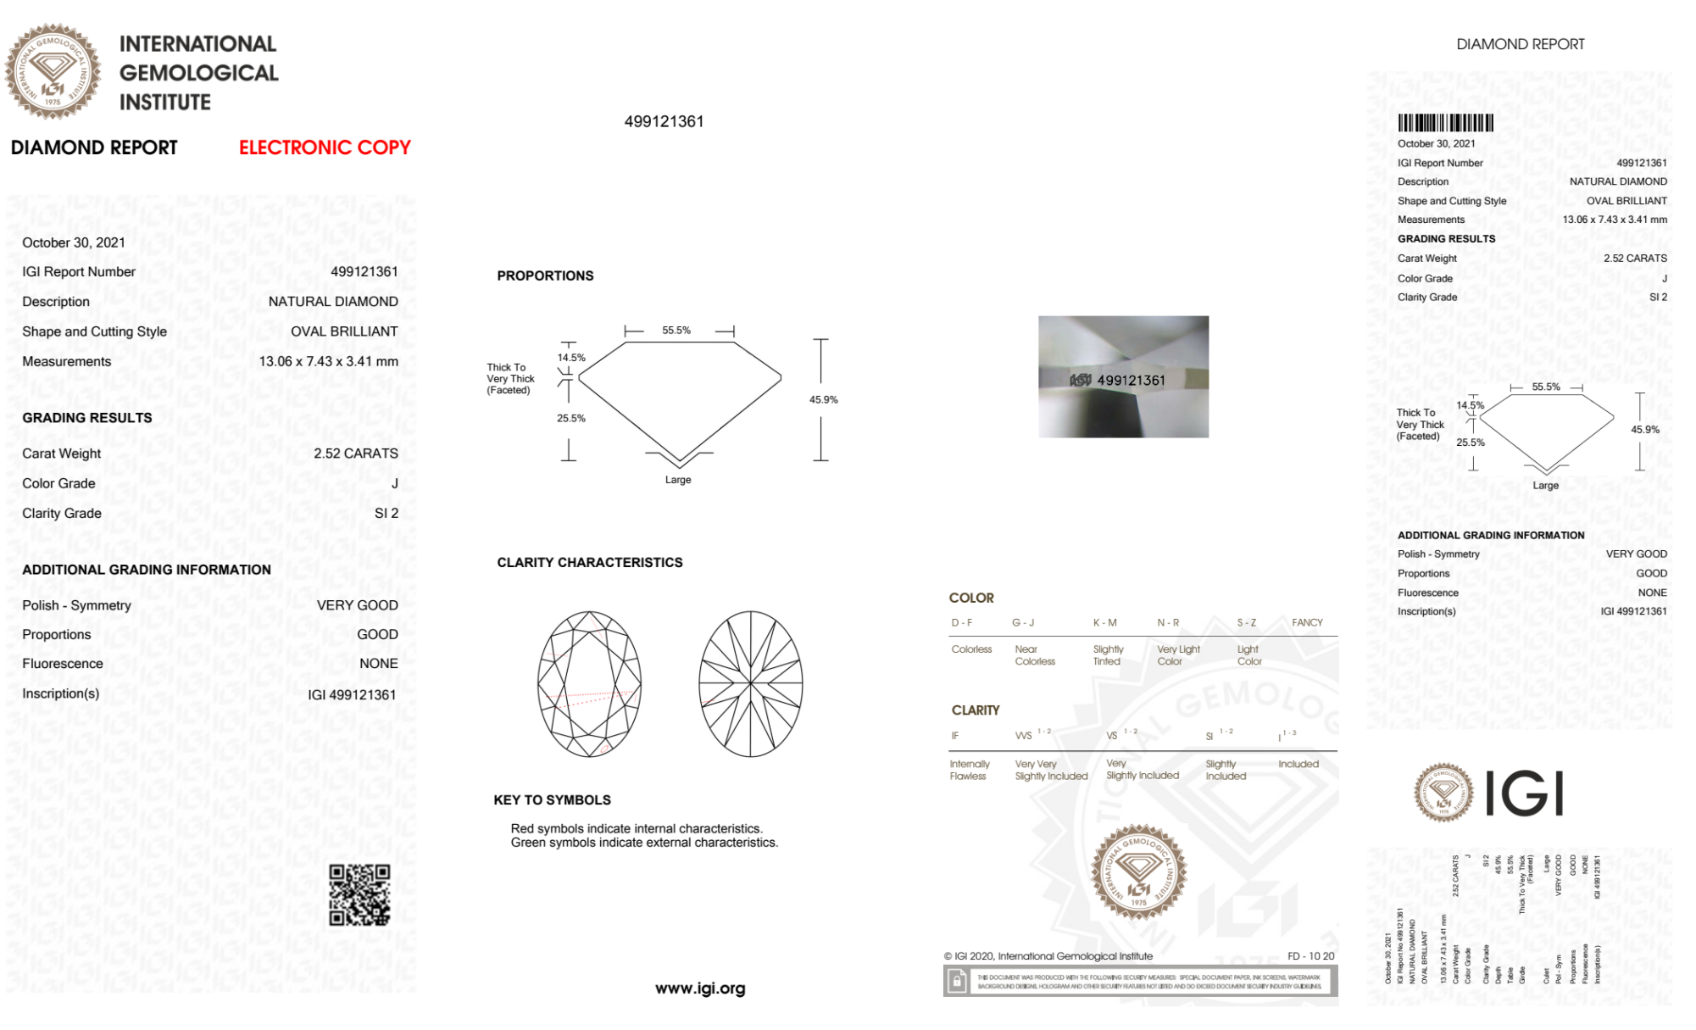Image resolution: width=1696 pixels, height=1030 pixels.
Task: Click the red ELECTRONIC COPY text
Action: pos(325,148)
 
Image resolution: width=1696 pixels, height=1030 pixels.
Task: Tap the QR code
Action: pos(359,895)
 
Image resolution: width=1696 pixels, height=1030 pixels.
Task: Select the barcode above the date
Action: pos(1445,122)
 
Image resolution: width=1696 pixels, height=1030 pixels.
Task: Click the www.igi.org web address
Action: pos(700,988)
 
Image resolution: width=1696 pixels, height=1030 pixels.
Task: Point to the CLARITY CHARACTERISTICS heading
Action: pos(589,562)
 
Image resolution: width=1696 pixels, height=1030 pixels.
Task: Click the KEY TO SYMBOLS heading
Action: pos(552,800)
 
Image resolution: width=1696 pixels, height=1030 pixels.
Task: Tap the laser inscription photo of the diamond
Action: pos(1123,376)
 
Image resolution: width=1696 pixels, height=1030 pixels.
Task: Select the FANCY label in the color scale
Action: pos(1307,622)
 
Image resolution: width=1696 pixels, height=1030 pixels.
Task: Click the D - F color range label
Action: pos(961,622)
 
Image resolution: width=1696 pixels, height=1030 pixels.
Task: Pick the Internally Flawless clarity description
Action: pos(969,770)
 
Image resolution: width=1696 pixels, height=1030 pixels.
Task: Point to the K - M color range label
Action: pos(1104,622)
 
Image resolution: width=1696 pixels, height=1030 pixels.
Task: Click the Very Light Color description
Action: pos(1178,655)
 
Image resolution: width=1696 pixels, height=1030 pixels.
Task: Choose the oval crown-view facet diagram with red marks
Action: pos(589,684)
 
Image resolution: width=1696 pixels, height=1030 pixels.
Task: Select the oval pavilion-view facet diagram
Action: pos(750,684)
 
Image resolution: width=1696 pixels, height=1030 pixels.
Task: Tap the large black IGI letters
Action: pos(1524,793)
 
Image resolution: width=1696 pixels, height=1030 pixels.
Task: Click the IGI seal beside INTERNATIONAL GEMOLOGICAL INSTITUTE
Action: pos(53,71)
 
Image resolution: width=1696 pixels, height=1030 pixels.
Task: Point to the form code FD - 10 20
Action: pos(1310,956)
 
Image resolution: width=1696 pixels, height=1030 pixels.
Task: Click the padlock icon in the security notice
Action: pos(957,982)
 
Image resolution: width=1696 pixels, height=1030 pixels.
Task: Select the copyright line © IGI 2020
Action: pos(1048,956)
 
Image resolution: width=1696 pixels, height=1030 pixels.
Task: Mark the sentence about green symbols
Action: pos(644,843)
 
